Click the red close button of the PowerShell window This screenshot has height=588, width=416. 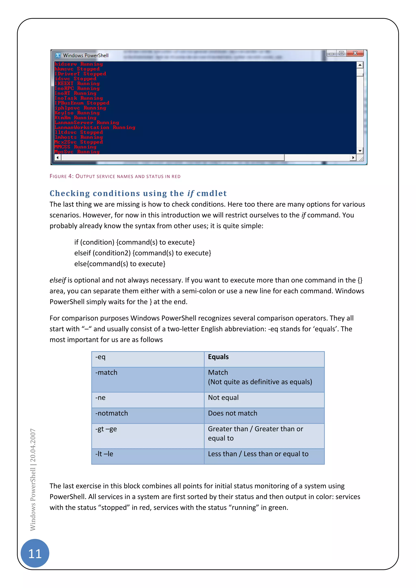tap(355, 53)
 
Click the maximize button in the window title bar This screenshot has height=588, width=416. tap(341, 53)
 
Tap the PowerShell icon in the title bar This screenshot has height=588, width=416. tap(58, 55)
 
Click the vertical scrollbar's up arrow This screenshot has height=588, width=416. tap(360, 65)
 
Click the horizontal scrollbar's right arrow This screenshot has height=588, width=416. tap(353, 158)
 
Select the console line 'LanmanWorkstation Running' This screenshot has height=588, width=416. tap(95, 127)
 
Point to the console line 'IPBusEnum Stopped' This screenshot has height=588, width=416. tap(82, 103)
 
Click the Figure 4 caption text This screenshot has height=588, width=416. tap(115, 176)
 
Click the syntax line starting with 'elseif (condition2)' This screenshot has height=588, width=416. tap(142, 253)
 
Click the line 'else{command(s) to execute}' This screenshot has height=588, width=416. tap(120, 264)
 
